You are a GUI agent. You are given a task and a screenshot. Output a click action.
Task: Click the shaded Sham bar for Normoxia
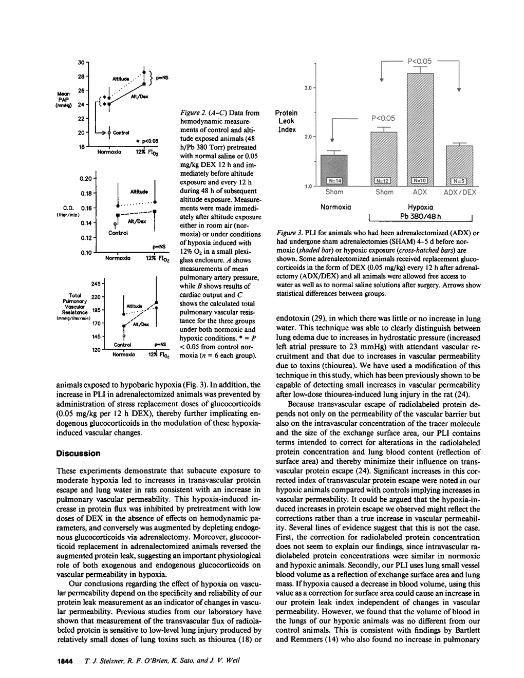click(334, 169)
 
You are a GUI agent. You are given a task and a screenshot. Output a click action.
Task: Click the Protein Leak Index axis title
click(286, 121)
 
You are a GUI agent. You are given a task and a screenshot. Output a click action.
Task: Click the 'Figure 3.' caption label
click(290, 234)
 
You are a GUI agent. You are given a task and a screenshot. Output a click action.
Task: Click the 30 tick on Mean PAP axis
click(81, 63)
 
